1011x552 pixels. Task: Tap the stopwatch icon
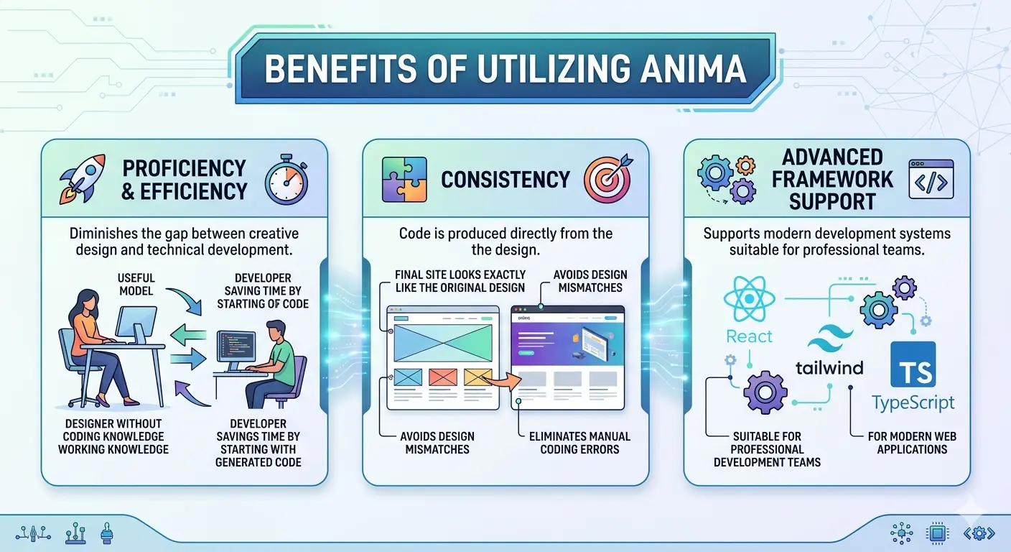(286, 180)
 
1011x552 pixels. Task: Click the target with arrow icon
(607, 178)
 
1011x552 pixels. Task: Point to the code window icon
(931, 180)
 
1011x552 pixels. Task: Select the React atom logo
(748, 299)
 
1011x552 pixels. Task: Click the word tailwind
(829, 367)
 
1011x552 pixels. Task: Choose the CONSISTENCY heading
(505, 179)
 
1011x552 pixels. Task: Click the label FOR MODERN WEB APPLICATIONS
(912, 443)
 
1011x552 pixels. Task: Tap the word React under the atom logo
(749, 336)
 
